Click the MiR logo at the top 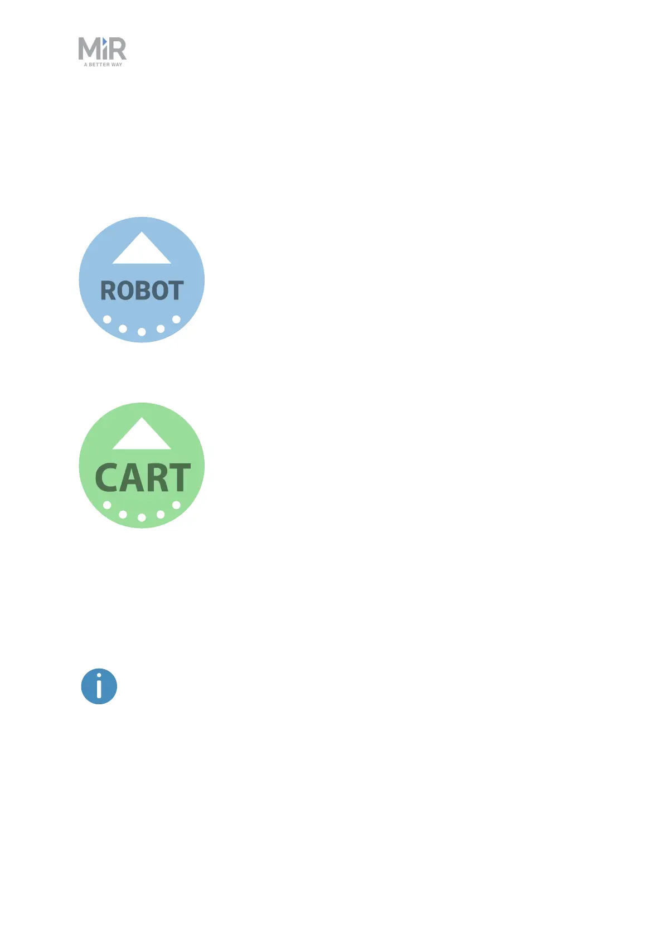pos(103,52)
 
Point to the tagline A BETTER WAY pos(103,65)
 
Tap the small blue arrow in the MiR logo pos(104,42)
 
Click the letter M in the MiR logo pos(89,49)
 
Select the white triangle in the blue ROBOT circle pos(142,250)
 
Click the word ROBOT pos(142,291)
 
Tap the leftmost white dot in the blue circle pos(107,320)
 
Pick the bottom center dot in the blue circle pos(142,332)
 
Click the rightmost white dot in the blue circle pos(176,320)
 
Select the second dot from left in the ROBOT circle pos(123,328)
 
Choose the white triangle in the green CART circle pos(142,435)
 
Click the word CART pos(143,478)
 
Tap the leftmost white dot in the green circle pos(107,505)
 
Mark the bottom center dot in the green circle pos(142,517)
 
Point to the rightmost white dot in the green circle pos(176,505)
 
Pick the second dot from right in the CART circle pos(161,514)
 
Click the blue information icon pos(99,686)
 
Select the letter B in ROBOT pos(142,291)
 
